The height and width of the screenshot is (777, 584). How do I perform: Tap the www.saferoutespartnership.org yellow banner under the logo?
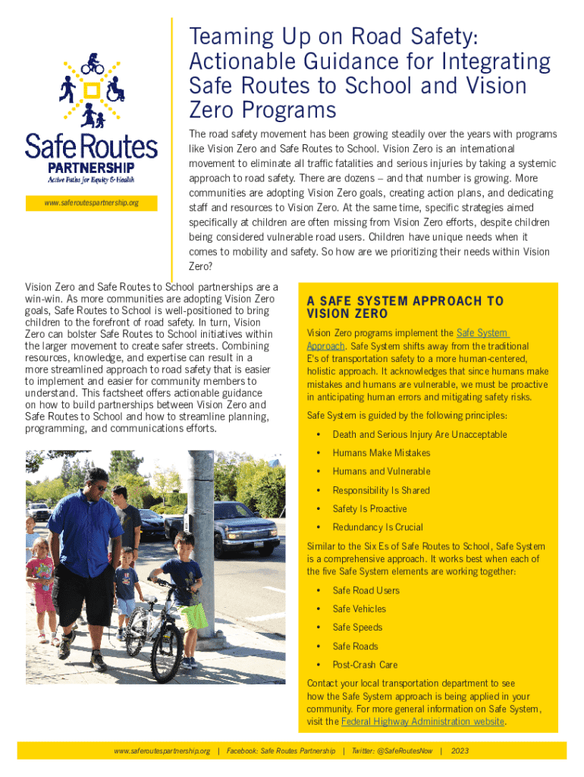pyautogui.click(x=91, y=203)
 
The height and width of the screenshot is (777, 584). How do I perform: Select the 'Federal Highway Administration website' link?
pyautogui.click(x=422, y=722)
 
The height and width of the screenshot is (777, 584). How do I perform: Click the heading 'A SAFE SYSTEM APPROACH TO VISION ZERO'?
pyautogui.click(x=404, y=307)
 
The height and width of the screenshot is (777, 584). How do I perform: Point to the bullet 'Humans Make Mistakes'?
pyautogui.click(x=381, y=453)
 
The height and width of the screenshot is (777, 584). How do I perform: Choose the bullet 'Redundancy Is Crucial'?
pyautogui.click(x=377, y=527)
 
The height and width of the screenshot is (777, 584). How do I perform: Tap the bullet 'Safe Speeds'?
pyautogui.click(x=357, y=628)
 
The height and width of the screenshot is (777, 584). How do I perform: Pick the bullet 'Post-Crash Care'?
pyautogui.click(x=364, y=665)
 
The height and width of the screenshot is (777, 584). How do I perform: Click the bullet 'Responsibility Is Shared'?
pyautogui.click(x=381, y=490)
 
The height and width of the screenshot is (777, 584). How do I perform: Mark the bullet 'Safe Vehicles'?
pyautogui.click(x=359, y=609)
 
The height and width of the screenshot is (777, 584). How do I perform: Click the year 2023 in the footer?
pyautogui.click(x=460, y=750)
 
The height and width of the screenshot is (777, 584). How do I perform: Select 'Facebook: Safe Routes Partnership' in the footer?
pyautogui.click(x=281, y=750)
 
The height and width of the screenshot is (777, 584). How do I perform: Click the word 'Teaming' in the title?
pyautogui.click(x=227, y=36)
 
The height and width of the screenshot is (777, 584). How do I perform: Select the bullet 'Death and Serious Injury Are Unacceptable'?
pyautogui.click(x=419, y=435)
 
